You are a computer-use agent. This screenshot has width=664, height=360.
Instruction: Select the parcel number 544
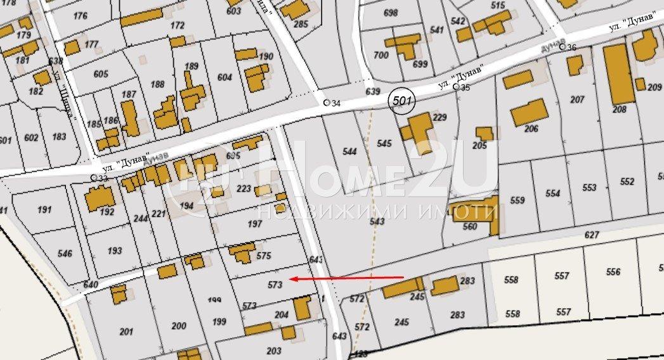pyautogui.click(x=349, y=151)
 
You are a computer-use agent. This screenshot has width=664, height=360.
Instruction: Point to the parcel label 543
pyautogui.click(x=377, y=221)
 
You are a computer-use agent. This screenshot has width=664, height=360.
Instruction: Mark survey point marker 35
pyautogui.click(x=456, y=87)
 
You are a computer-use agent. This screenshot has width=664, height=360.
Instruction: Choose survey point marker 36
pyautogui.click(x=563, y=47)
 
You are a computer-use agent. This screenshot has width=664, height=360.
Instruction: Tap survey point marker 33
pyautogui.click(x=94, y=178)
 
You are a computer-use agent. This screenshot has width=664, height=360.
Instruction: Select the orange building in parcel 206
pyautogui.click(x=528, y=112)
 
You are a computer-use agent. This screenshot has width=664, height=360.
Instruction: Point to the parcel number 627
pyautogui.click(x=591, y=235)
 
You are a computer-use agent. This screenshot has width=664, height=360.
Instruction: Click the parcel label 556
pyautogui.click(x=613, y=272)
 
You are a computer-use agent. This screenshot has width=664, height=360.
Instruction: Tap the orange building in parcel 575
pyautogui.click(x=241, y=253)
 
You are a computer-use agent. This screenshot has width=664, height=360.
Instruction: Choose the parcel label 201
pyautogui.click(x=126, y=331)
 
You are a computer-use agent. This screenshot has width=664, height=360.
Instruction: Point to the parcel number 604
pyautogui.click(x=225, y=77)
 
